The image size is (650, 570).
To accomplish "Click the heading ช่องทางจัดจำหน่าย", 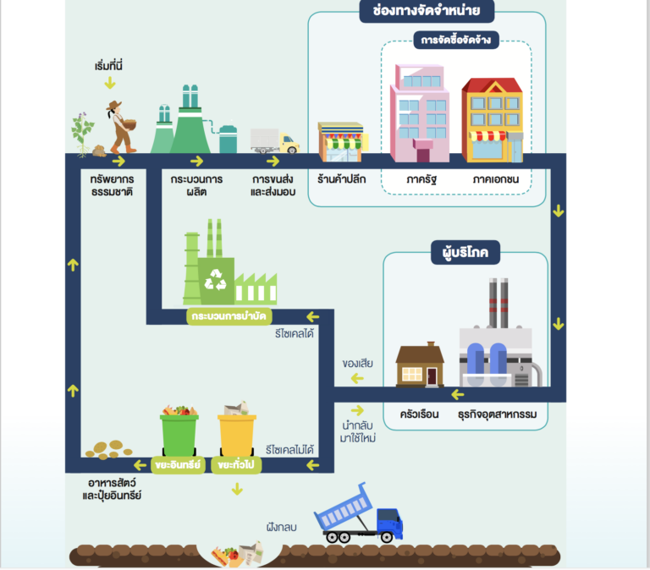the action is (427, 11).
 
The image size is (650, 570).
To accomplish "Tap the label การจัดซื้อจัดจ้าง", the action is (456, 41).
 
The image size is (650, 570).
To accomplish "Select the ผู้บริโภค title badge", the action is (465, 252).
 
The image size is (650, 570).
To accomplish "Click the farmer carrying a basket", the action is (122, 127).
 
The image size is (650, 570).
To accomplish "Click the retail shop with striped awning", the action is (342, 142).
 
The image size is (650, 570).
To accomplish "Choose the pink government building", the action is (419, 113).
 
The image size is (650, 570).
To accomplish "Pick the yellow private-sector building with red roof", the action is (493, 120).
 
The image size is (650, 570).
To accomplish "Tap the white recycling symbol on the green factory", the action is (216, 280).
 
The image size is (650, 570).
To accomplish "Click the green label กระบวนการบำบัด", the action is (229, 316).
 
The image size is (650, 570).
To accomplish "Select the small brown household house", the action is (420, 364).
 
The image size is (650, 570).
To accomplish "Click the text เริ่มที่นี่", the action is (108, 66).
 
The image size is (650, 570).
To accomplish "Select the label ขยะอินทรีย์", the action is (178, 465).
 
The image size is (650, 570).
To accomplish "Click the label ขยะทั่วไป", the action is (236, 465).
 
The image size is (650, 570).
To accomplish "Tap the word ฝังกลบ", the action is (282, 528).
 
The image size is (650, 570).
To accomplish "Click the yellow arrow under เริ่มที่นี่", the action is (110, 84).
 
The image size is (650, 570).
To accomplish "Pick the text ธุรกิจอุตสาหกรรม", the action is (497, 414).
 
